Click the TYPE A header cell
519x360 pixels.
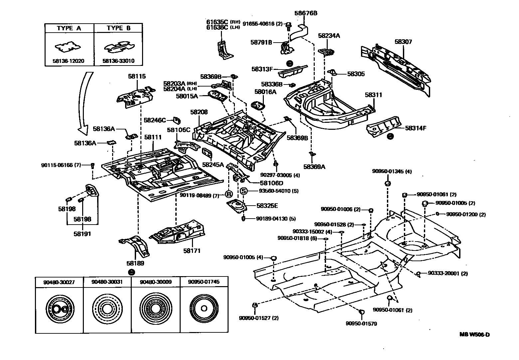[69, 28]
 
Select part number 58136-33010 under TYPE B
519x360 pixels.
[118, 61]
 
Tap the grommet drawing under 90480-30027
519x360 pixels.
[60, 309]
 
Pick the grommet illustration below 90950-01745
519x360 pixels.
[204, 308]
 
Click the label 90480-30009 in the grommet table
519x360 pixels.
[156, 282]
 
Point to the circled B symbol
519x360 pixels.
[229, 194]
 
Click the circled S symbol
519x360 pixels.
[244, 191]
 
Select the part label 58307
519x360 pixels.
[403, 42]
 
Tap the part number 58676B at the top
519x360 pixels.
[306, 13]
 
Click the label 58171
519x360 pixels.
[192, 251]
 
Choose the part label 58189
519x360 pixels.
[135, 264]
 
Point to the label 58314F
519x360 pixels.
[416, 128]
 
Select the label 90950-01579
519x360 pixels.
[361, 324]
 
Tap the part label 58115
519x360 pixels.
[137, 76]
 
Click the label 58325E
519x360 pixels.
[267, 206]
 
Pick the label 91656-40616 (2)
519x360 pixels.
[263, 24]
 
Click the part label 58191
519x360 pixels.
[82, 234]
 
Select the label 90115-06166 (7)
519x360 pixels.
[61, 165]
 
